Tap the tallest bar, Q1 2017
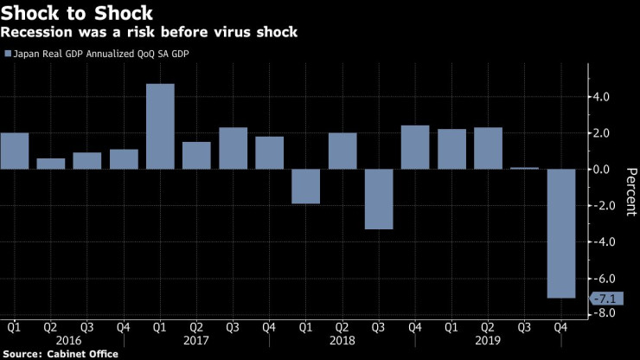pyautogui.click(x=160, y=126)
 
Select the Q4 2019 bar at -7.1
pyautogui.click(x=561, y=233)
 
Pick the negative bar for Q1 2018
pyautogui.click(x=306, y=186)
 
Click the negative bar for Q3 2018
pyautogui.click(x=379, y=199)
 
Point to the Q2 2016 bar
pyautogui.click(x=50, y=164)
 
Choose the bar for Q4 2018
pyautogui.click(x=415, y=147)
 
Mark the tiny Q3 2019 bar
pyautogui.click(x=525, y=168)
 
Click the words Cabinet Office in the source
pyautogui.click(x=84, y=354)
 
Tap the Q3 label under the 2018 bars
pyautogui.click(x=379, y=328)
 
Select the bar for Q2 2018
pyautogui.click(x=342, y=151)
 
